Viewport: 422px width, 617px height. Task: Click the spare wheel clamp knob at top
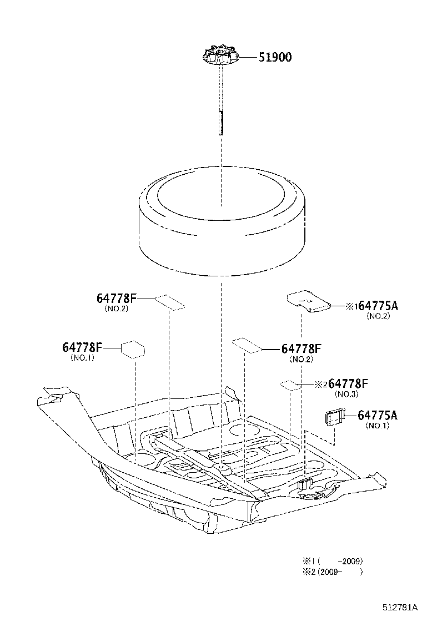pos(221,57)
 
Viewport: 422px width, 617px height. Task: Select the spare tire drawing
pos(221,222)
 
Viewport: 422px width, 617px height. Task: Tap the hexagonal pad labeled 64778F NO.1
pos(133,349)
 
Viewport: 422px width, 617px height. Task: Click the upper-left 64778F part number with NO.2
pos(116,299)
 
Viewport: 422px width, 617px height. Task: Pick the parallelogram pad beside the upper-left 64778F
pos(170,302)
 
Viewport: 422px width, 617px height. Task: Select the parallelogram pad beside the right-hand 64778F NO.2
pos(247,345)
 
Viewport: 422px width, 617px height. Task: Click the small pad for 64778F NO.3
pos(289,385)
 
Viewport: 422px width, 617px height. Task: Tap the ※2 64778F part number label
pos(341,384)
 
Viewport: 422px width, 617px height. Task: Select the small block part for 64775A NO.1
pos(334,417)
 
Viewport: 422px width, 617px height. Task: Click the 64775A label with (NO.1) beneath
pos(378,415)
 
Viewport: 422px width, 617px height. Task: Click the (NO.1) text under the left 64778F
pos(82,358)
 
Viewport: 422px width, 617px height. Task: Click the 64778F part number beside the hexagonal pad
pos(82,347)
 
